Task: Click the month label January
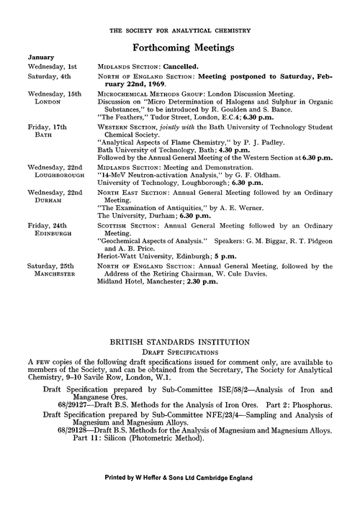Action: click(40, 56)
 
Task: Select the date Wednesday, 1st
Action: click(52, 65)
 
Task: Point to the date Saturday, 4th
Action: click(48, 75)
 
